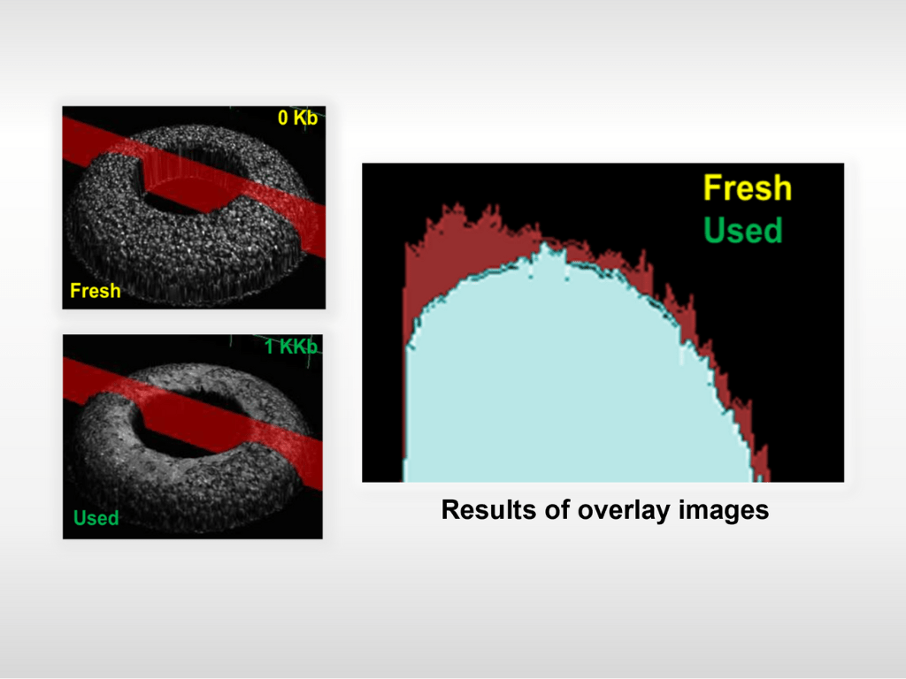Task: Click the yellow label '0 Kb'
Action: (x=297, y=118)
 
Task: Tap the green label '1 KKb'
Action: (x=291, y=347)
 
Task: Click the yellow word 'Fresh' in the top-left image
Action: (x=96, y=290)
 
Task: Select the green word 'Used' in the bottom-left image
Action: (x=96, y=518)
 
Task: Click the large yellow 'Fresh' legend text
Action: (x=747, y=188)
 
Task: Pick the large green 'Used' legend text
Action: (x=743, y=231)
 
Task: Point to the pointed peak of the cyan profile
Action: (x=544, y=245)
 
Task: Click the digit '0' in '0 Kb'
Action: (x=283, y=118)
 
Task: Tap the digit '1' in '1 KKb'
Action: (x=270, y=347)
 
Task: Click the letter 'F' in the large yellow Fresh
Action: (x=712, y=188)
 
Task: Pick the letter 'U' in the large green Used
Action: (x=714, y=231)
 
